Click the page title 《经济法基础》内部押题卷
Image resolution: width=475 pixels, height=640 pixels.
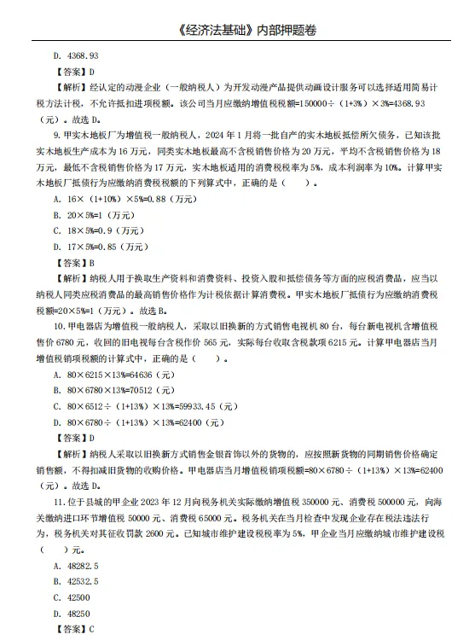pyautogui.click(x=237, y=32)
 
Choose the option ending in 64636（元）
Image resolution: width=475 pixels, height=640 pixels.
pyautogui.click(x=106, y=374)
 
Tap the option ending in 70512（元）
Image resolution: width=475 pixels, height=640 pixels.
pyautogui.click(x=106, y=390)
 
